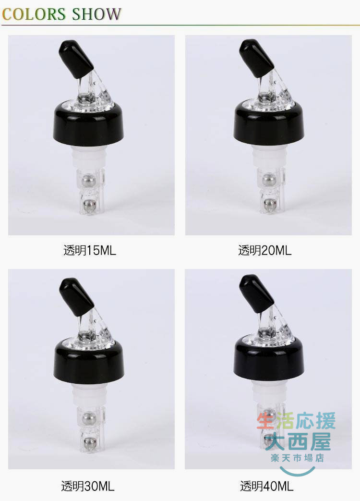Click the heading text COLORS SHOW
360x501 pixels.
pyautogui.click(x=61, y=14)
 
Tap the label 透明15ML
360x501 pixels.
pyautogui.click(x=90, y=250)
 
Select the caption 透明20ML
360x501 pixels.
pyautogui.click(x=265, y=250)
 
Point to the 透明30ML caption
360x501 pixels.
pyautogui.click(x=88, y=486)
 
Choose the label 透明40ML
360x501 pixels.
pyautogui.click(x=267, y=486)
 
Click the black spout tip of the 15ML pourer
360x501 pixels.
pyautogui.click(x=76, y=59)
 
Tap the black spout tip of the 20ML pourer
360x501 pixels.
pyautogui.click(x=256, y=58)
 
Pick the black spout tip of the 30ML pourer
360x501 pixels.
pyautogui.click(x=76, y=296)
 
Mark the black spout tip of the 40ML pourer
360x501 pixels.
pyautogui.click(x=256, y=293)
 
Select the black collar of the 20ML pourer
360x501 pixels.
pyautogui.click(x=269, y=124)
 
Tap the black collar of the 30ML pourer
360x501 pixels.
pyautogui.click(x=89, y=363)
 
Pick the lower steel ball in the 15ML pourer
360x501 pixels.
pyautogui.click(x=89, y=204)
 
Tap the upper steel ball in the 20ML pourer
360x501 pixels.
pyautogui.click(x=269, y=180)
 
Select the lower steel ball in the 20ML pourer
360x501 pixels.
pyautogui.click(x=270, y=203)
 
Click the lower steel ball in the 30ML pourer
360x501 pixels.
pyautogui.click(x=90, y=442)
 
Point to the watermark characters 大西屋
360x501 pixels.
pyautogui.click(x=298, y=441)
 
